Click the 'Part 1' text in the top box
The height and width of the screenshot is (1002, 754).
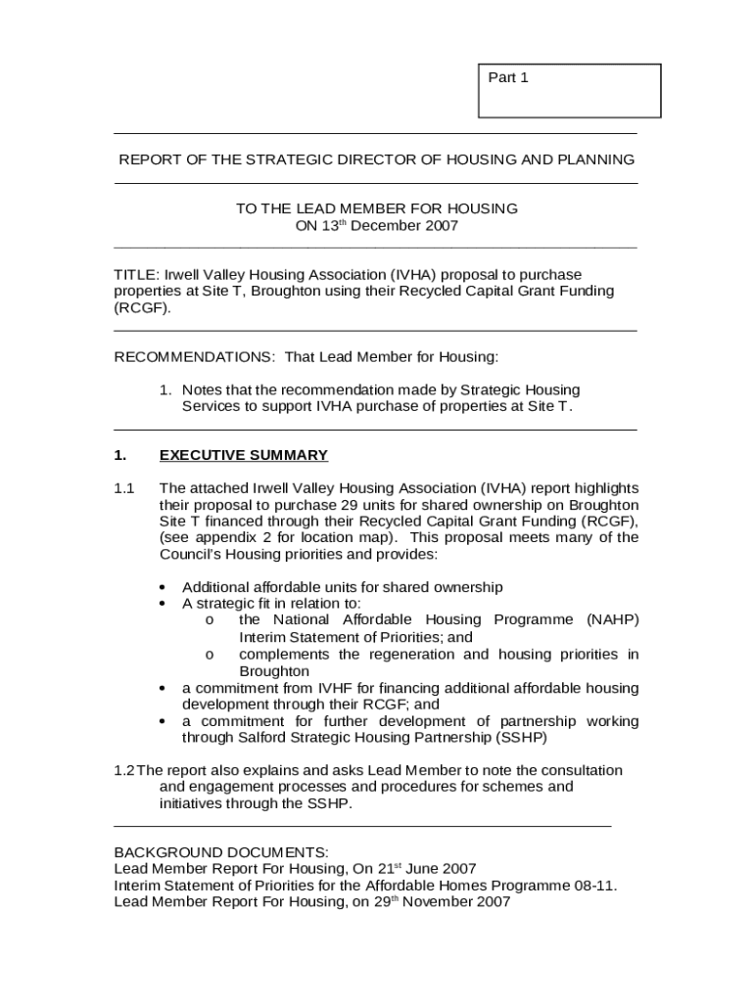tap(508, 78)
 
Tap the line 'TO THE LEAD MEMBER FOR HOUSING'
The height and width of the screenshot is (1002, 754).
tap(377, 208)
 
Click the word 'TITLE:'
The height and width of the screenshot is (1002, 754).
tap(136, 275)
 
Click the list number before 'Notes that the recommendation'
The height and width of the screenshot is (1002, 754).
tap(166, 389)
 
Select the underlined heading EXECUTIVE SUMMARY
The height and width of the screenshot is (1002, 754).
tap(243, 455)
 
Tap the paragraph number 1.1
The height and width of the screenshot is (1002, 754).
tap(123, 488)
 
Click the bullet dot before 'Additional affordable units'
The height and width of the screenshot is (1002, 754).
tap(163, 587)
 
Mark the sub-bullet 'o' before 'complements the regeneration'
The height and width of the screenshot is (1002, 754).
tap(210, 655)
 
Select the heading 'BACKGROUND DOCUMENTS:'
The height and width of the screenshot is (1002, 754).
tap(221, 852)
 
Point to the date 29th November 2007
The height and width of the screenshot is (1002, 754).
tap(444, 903)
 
